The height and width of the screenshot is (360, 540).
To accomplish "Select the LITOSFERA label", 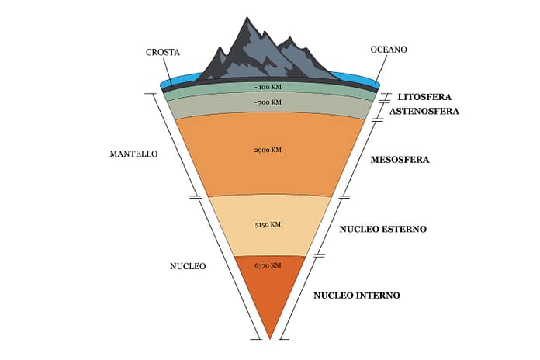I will (424, 98).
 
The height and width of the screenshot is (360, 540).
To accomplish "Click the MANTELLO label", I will (133, 154).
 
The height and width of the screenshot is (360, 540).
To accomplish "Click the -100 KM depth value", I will (268, 88).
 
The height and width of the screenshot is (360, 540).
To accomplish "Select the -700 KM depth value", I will (268, 102).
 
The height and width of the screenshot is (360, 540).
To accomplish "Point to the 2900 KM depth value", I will (268, 150).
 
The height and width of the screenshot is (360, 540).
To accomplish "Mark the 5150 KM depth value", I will (268, 225).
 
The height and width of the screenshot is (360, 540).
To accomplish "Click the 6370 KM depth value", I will (268, 266).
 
